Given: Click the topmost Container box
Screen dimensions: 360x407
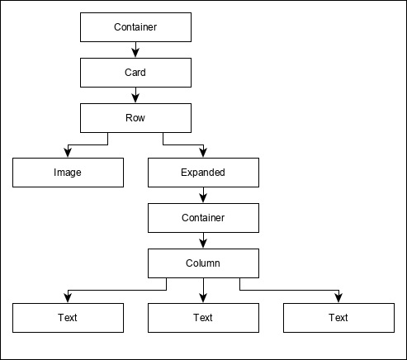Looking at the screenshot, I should click(135, 28).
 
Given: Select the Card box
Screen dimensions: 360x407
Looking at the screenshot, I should click(135, 73).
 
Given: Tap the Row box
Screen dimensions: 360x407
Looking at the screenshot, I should click(135, 118).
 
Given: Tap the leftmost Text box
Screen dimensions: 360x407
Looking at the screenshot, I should click(68, 317).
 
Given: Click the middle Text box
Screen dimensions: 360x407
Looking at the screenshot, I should click(203, 317).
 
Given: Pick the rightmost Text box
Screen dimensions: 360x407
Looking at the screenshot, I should click(338, 317).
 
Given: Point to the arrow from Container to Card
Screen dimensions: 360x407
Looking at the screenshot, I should click(135, 50).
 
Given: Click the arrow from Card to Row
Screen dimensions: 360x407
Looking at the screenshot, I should click(135, 96).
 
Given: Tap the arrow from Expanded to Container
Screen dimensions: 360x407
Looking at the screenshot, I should click(203, 195).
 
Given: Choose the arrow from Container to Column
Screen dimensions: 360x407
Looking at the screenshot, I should click(203, 240).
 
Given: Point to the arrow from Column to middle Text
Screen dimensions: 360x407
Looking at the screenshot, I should click(203, 290).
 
